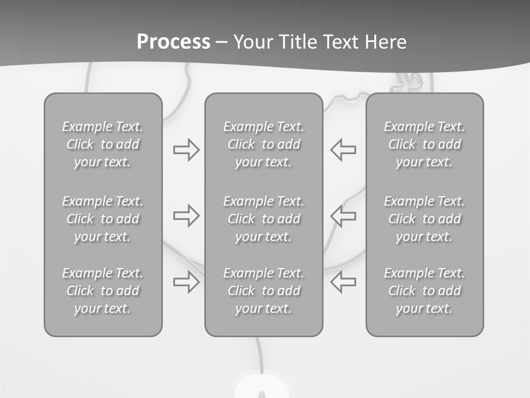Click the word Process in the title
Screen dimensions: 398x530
pyautogui.click(x=173, y=42)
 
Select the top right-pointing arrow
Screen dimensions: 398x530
pyautogui.click(x=186, y=150)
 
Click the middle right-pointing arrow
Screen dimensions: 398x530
pyautogui.click(x=186, y=216)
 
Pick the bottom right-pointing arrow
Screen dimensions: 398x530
pyautogui.click(x=186, y=282)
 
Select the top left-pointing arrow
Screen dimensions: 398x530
pyautogui.click(x=343, y=150)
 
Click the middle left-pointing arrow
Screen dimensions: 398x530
pyautogui.click(x=343, y=216)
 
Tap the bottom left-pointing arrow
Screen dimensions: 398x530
pyautogui.click(x=343, y=282)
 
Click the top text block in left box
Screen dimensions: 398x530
pyautogui.click(x=103, y=144)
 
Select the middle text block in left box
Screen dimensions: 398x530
pyautogui.click(x=103, y=219)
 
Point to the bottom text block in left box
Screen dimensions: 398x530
pyautogui.click(x=103, y=291)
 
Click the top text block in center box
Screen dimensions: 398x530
pyautogui.click(x=264, y=144)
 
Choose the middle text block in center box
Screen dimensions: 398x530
pyautogui.click(x=264, y=219)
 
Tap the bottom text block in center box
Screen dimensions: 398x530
pyautogui.click(x=264, y=291)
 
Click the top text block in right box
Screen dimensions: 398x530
pyautogui.click(x=425, y=144)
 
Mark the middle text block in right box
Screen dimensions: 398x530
pyautogui.click(x=425, y=219)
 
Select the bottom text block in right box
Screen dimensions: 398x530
pyautogui.click(x=425, y=291)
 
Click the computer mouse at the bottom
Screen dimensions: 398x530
pyautogui.click(x=261, y=388)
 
